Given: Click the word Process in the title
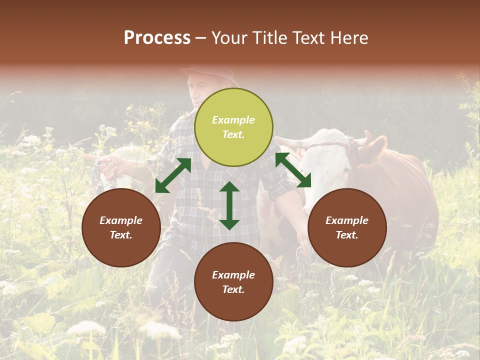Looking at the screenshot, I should click(157, 38).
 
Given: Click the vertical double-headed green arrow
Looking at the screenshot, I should click(229, 205).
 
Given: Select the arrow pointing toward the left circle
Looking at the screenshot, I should click(173, 175).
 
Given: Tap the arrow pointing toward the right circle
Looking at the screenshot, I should click(293, 170).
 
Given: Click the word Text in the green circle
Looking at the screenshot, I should click(233, 134).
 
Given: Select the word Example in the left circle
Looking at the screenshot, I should click(121, 220).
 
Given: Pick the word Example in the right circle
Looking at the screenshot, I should click(347, 220).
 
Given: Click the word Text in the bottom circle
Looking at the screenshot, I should click(233, 289).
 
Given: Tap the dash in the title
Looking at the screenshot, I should click(201, 38).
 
